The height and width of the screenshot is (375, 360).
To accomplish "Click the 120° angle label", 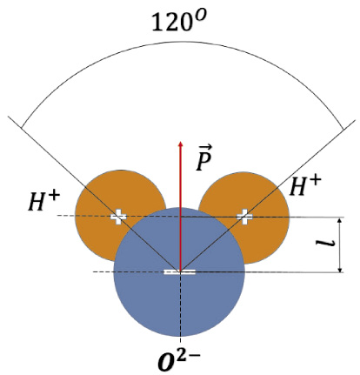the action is point(179,21).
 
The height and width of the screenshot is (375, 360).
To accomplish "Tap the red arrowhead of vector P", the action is point(181,144).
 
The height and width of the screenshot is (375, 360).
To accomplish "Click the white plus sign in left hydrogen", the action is point(118,217).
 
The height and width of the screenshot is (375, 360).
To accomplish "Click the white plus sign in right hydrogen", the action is point(244,217).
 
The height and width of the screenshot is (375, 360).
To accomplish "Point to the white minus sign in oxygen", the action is point(180,271).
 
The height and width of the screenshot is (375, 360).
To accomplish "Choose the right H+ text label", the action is point(305,185).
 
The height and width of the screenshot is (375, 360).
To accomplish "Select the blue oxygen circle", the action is point(179,272).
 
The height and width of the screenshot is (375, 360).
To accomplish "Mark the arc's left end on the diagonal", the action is point(21,128).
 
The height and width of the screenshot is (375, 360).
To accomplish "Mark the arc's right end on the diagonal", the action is point(343,130).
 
